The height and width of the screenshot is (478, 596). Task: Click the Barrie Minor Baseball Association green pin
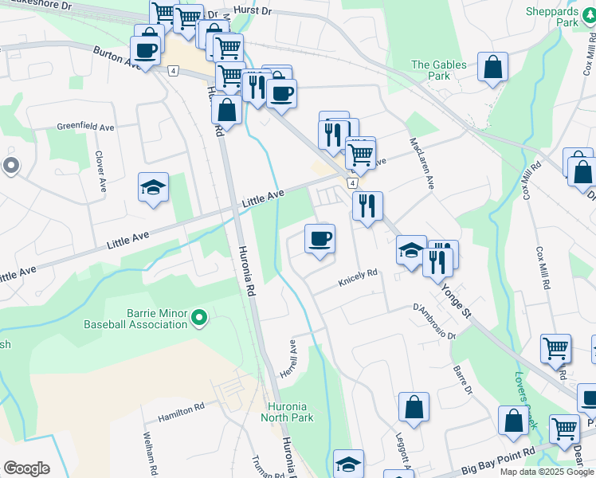[x=198, y=319]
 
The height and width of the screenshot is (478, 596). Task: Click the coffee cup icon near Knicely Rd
[x=320, y=239]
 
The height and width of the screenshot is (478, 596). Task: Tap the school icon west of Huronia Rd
[x=153, y=188]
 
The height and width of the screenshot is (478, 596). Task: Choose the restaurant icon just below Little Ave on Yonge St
[x=367, y=206]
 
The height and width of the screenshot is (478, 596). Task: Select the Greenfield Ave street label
[x=85, y=127]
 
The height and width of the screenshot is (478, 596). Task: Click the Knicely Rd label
[x=357, y=276]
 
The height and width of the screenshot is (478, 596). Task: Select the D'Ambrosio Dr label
[x=433, y=319]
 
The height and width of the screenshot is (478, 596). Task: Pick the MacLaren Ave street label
[x=422, y=163]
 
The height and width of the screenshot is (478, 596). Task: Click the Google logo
[x=26, y=468]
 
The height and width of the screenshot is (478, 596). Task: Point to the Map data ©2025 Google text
[x=546, y=472]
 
